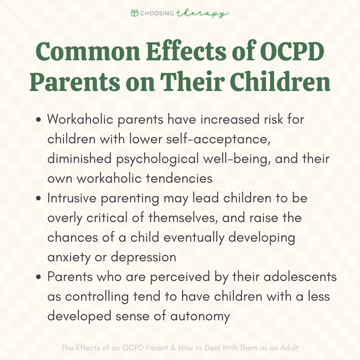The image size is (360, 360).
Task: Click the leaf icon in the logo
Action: point(135,13)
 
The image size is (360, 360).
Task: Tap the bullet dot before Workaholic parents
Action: point(39,120)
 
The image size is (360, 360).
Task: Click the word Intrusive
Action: point(71,198)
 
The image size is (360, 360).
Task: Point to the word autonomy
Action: point(200,316)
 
